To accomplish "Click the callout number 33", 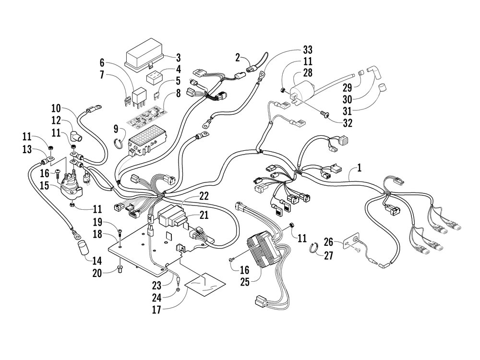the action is coord(307,50).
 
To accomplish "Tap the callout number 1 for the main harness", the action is coord(360,168).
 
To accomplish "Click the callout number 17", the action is coord(156,310).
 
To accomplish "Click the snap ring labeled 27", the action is coord(313,248).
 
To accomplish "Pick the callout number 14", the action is coord(97,261).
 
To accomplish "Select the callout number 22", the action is coord(204,196).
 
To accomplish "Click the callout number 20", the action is coord(97,273).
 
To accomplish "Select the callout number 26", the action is coord(328,242).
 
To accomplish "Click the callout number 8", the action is coord(179,93).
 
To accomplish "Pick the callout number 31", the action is coord(347,111).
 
